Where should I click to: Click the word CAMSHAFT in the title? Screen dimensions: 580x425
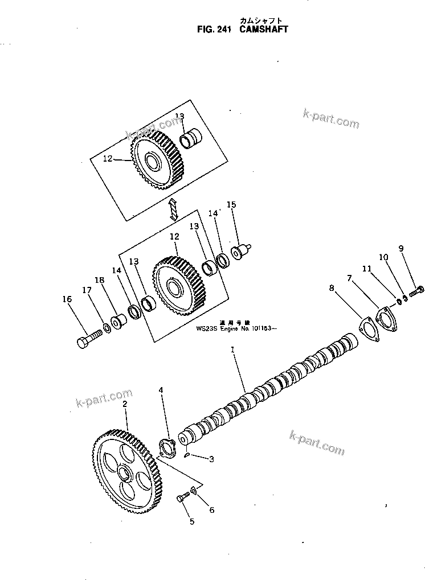263,29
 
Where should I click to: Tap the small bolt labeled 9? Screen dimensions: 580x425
415,290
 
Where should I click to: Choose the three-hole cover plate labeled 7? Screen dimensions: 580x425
386,316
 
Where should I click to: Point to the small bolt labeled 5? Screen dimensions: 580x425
183,499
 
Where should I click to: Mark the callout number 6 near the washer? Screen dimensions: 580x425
211,509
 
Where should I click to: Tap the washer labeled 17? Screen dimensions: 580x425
107,329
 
